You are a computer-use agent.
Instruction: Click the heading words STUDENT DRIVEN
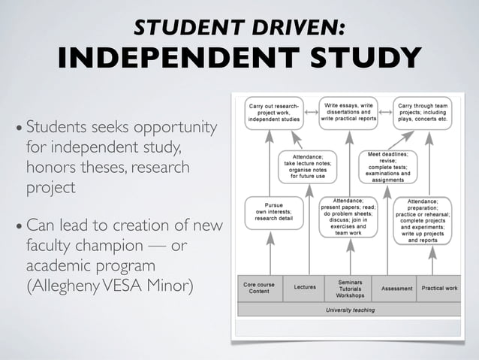point(239,27)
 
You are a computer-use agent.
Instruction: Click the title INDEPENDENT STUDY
point(239,58)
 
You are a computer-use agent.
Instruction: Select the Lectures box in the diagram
point(304,287)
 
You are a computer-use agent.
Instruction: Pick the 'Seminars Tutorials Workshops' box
point(350,287)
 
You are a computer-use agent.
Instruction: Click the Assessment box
point(396,288)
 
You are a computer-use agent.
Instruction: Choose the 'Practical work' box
point(439,288)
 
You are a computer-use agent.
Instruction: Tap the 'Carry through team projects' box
point(423,113)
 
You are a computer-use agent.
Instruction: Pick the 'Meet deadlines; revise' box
point(387,165)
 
